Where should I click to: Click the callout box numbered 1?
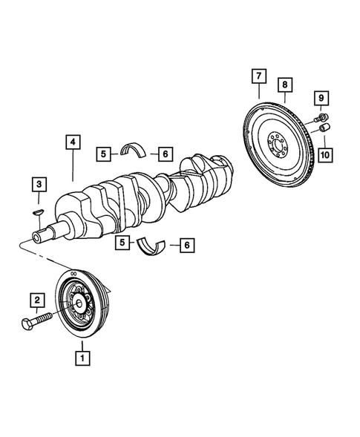tap(82, 357)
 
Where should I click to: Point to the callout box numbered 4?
tap(72, 144)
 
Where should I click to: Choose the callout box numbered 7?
tap(258, 76)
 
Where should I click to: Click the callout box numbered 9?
tap(322, 98)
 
